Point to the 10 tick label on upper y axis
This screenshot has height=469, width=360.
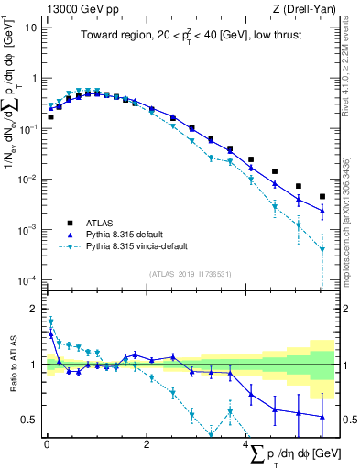(x=29, y=27)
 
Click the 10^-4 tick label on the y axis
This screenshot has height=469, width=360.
(x=27, y=279)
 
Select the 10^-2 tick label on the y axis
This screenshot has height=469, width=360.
(x=27, y=179)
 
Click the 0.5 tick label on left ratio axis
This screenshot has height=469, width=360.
(x=27, y=420)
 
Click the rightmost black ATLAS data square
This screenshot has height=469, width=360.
(x=322, y=196)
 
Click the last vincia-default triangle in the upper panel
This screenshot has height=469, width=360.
(x=322, y=248)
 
